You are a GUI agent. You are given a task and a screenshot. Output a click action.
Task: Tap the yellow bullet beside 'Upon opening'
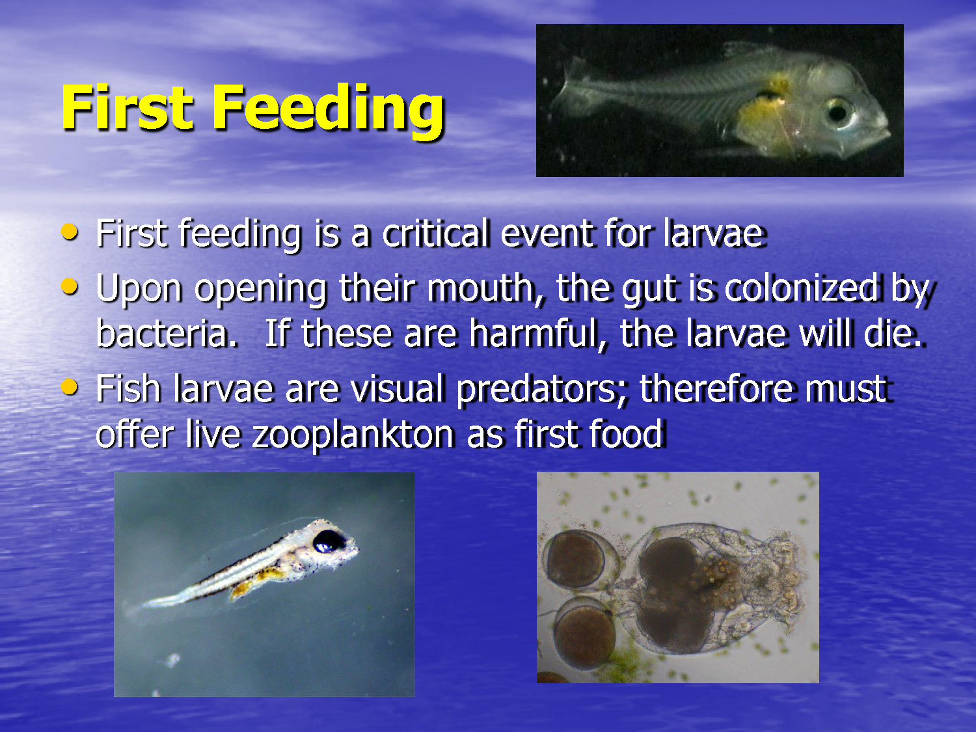(70, 286)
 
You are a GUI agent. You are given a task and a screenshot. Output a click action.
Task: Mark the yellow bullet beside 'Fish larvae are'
(70, 387)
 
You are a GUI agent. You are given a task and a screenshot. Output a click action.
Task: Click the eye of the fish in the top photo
(837, 112)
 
